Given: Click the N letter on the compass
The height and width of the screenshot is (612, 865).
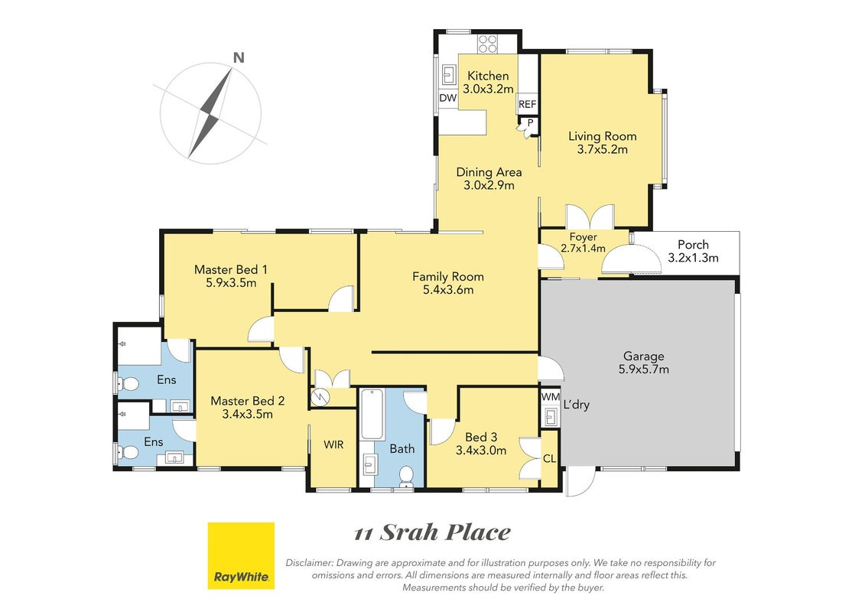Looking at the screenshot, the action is click(x=239, y=57).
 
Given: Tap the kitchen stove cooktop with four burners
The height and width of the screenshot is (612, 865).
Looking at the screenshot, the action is click(x=488, y=44).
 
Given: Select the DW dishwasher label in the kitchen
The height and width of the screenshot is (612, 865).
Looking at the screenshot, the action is click(x=448, y=98).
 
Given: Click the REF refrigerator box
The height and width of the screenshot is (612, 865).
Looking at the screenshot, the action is click(x=528, y=104).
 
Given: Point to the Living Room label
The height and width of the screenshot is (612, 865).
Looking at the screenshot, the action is click(x=603, y=135).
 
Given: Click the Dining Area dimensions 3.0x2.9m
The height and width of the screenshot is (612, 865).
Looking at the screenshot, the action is click(x=489, y=185).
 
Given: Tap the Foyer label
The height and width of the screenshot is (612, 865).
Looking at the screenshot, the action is click(x=583, y=236).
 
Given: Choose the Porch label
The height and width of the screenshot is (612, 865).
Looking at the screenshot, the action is click(x=693, y=244).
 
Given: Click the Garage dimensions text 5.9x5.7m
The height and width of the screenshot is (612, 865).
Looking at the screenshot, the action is click(x=644, y=369).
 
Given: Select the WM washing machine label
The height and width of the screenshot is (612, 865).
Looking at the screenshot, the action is click(x=550, y=397).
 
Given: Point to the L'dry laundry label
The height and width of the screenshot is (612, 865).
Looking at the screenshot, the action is click(x=577, y=405).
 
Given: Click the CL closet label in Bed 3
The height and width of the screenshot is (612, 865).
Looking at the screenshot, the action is click(x=549, y=458).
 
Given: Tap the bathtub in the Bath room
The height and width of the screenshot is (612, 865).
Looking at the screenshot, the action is click(x=372, y=415).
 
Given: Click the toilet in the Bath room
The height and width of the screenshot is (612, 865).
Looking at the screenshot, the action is click(x=407, y=477).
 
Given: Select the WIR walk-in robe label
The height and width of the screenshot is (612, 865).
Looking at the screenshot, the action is click(x=333, y=444).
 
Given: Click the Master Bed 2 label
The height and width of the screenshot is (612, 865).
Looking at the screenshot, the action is click(x=248, y=401).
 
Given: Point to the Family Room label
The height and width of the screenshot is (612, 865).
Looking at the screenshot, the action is click(x=448, y=276).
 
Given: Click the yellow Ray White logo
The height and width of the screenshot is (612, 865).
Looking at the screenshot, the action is click(x=241, y=555).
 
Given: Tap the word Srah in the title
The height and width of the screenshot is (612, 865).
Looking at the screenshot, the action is click(x=410, y=532).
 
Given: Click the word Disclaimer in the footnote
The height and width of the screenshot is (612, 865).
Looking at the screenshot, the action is click(x=310, y=563).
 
